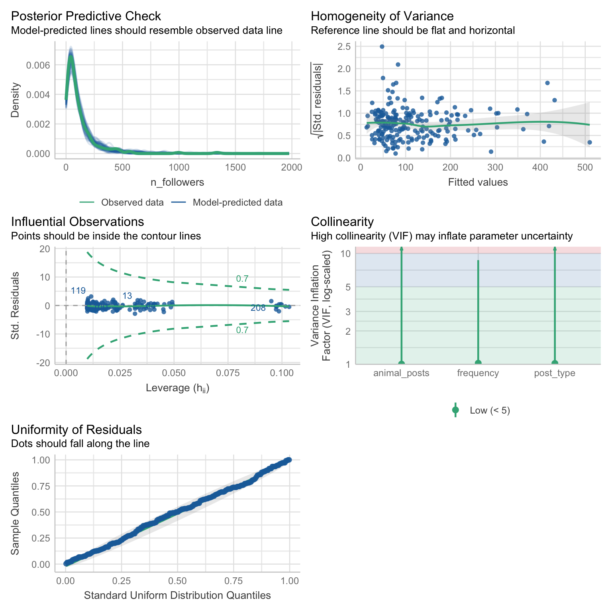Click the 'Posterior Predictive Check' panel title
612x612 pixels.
point(86,16)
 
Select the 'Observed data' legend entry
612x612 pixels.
point(132,202)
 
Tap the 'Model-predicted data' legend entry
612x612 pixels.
point(237,202)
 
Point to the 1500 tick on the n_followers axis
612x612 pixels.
point(235,167)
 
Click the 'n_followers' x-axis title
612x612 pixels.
point(177,182)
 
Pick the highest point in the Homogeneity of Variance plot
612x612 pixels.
point(382,47)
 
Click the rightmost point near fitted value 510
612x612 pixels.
point(589,142)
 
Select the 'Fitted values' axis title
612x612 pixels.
point(478,182)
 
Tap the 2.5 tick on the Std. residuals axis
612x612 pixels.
point(344,47)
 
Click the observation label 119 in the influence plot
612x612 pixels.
point(78,291)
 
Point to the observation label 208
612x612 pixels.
point(258,308)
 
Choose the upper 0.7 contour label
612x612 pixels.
point(242,279)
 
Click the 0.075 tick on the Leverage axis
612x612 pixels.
point(228,373)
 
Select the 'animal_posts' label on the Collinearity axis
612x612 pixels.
point(401,373)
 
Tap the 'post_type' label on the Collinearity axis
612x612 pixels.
point(555,373)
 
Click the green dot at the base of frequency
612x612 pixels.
point(478,363)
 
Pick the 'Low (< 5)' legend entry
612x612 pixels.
point(490,410)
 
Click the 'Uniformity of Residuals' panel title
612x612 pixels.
point(76,430)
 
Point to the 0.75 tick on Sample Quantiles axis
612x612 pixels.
point(41,486)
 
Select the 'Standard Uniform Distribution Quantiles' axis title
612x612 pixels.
point(177,596)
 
